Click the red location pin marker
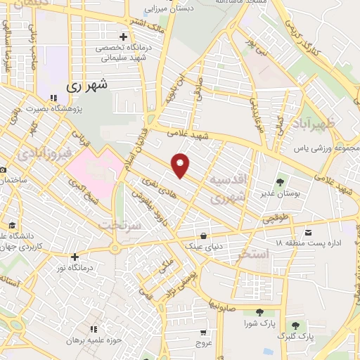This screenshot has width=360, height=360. [x=181, y=165]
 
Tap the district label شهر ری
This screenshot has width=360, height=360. [x=89, y=85]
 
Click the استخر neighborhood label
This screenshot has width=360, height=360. [x=253, y=254]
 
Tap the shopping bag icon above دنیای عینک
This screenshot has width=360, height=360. [x=204, y=236]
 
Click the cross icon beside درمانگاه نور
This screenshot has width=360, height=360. [x=74, y=257]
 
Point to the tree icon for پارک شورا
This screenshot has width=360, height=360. [x=259, y=312]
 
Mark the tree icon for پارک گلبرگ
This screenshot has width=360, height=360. [x=295, y=326]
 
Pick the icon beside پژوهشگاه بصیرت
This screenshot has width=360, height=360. [x=53, y=98]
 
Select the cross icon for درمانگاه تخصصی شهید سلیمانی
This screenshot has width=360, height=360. [x=123, y=37]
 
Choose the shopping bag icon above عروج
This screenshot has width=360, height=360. [x=203, y=333]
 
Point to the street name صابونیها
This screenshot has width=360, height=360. [x=230, y=304]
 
